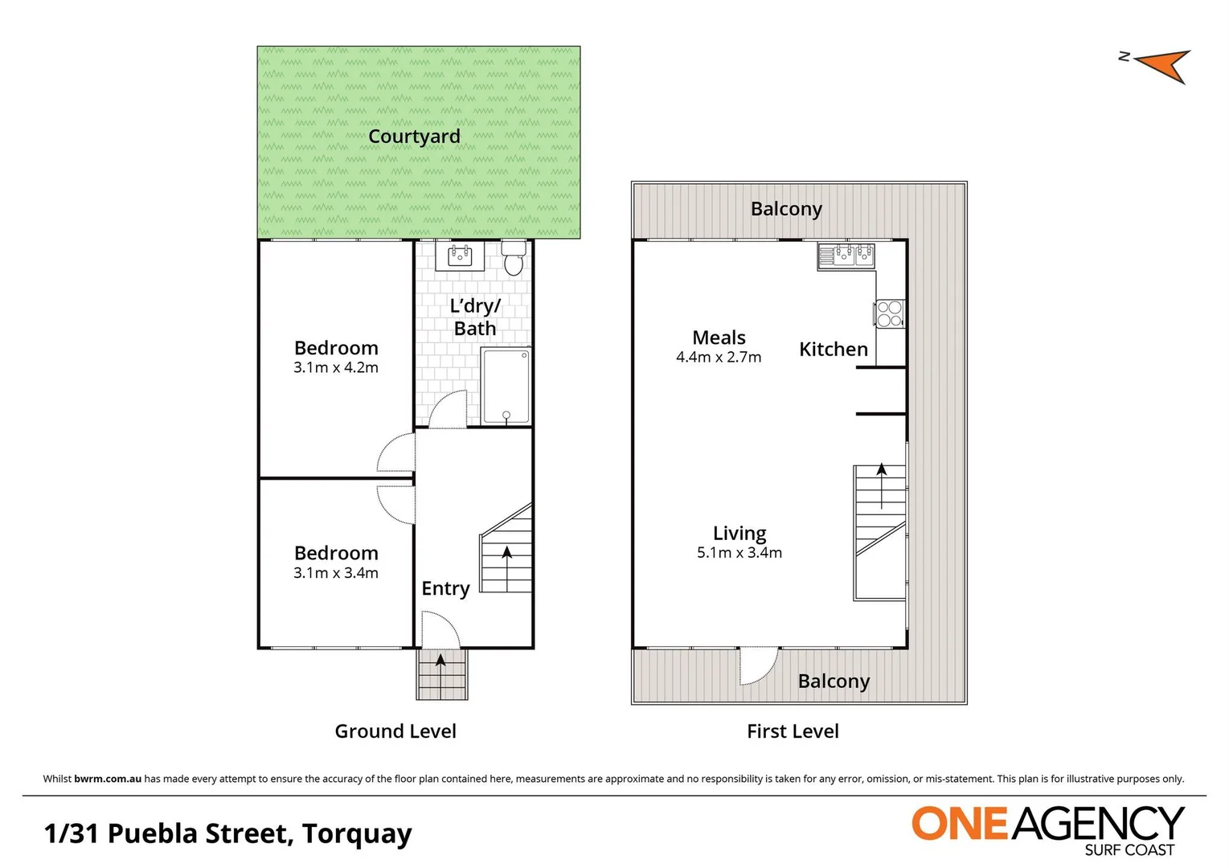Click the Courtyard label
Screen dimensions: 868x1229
(414, 137)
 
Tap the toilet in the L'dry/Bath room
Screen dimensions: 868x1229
(513, 258)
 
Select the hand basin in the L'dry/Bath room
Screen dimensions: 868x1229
(460, 256)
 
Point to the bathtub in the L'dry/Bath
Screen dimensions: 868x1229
(506, 386)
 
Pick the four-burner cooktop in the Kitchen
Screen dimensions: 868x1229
(890, 313)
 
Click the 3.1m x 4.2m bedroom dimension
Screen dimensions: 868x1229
(336, 368)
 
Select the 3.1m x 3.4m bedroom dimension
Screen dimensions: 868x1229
(336, 573)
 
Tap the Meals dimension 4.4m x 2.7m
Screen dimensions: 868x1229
(719, 358)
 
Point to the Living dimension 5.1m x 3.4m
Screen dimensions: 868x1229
(739, 553)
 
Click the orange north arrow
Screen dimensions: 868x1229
(1162, 65)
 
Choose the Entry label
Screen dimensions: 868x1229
(445, 588)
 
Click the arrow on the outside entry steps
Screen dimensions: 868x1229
(440, 661)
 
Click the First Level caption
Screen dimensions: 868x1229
(793, 731)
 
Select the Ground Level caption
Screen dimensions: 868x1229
(395, 731)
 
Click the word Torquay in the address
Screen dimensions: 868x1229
(357, 834)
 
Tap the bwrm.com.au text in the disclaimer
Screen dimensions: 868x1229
(108, 779)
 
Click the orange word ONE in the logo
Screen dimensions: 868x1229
(959, 824)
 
